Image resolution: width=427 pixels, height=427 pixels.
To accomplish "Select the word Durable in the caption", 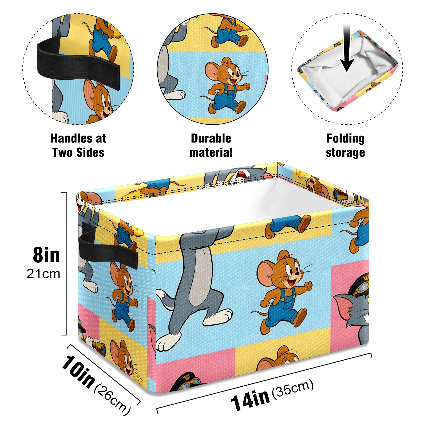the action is [x=211, y=138].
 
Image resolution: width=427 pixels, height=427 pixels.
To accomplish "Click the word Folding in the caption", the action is [x=345, y=139].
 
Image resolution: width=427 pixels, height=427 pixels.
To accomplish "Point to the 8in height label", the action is [x=46, y=255].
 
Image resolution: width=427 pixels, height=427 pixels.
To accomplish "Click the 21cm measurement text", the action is [x=43, y=274].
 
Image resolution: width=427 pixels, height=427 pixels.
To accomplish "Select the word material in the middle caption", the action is [x=211, y=152].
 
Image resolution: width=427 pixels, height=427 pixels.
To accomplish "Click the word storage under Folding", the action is [x=345, y=153].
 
